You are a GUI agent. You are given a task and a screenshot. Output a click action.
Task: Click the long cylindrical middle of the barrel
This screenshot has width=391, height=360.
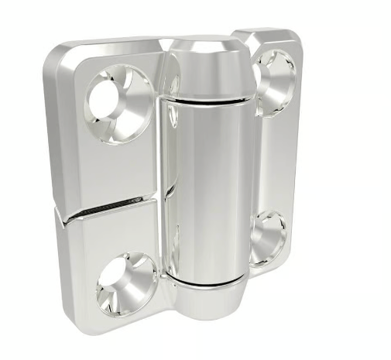pos(208,186)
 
